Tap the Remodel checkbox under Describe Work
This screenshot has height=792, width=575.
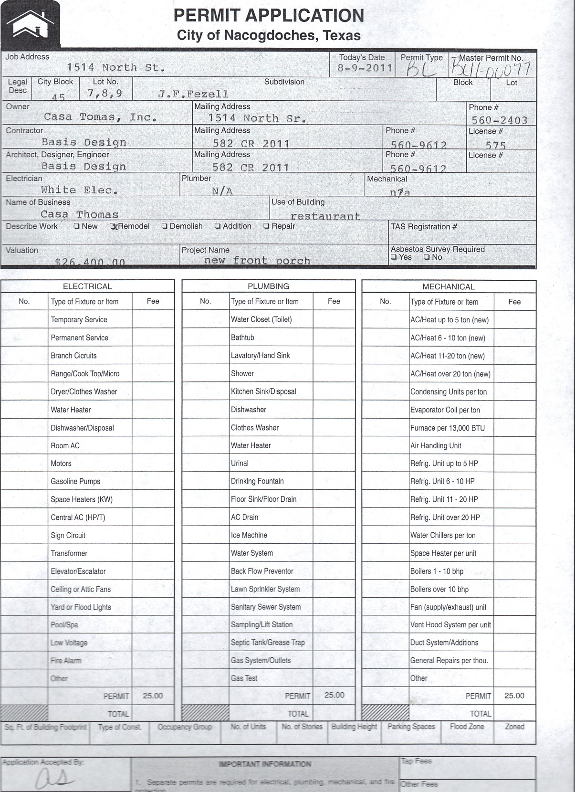pos(113,226)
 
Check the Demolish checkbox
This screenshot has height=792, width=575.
pos(165,226)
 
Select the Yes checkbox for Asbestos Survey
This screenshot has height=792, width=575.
pos(394,257)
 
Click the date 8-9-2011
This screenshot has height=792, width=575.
pos(365,68)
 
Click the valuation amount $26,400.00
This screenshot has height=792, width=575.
pos(90,262)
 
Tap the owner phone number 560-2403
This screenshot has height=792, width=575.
pos(500,120)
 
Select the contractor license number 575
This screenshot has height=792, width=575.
pos(495,145)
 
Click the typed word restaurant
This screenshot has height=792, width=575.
pos(325,216)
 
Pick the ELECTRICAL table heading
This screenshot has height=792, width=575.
pos(87,286)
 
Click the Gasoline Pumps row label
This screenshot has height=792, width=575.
pos(75,481)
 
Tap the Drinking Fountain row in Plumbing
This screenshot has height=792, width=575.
pos(257,481)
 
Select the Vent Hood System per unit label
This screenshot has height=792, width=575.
pos(450,625)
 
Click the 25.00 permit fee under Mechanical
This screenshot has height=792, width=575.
pos(514,696)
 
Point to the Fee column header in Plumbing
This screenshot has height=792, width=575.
pos(334,301)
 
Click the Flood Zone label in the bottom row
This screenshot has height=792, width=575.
pos(467,727)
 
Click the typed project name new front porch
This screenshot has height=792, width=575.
pos(257,261)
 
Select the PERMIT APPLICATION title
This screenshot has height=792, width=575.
pos(269,16)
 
